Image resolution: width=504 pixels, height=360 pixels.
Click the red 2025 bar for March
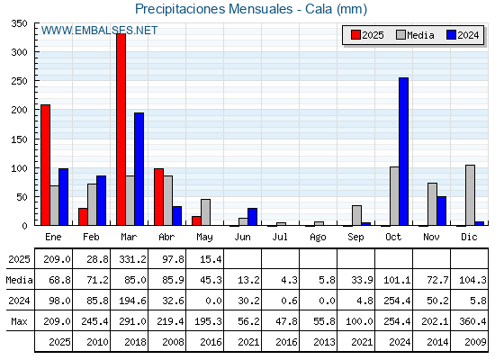click(x=121, y=130)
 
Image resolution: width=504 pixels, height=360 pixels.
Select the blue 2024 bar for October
click(x=404, y=151)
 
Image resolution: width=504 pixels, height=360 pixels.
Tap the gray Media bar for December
click(x=470, y=195)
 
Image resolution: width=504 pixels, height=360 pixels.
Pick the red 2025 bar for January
click(x=45, y=165)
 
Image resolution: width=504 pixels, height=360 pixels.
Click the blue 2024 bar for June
click(x=252, y=217)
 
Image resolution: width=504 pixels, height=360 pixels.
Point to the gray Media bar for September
click(x=356, y=215)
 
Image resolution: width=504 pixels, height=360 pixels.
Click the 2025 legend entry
click(x=367, y=35)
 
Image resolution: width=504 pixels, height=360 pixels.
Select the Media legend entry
click(x=415, y=35)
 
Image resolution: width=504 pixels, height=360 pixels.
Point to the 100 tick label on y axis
click(x=19, y=168)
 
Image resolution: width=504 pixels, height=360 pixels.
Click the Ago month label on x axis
click(x=318, y=238)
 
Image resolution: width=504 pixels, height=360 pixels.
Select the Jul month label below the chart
click(x=280, y=237)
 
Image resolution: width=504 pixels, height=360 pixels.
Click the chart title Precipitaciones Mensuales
click(x=214, y=9)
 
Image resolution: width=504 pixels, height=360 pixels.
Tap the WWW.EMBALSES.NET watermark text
click(x=99, y=31)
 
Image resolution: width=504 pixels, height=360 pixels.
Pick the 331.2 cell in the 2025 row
click(x=132, y=259)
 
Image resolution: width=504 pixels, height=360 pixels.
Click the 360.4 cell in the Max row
click(x=472, y=321)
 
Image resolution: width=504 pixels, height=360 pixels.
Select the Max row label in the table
click(x=19, y=321)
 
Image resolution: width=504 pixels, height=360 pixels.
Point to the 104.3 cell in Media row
click(x=472, y=280)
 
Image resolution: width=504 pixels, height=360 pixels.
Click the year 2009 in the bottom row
click(x=475, y=342)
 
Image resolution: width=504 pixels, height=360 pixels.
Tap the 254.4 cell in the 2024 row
click(x=397, y=301)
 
